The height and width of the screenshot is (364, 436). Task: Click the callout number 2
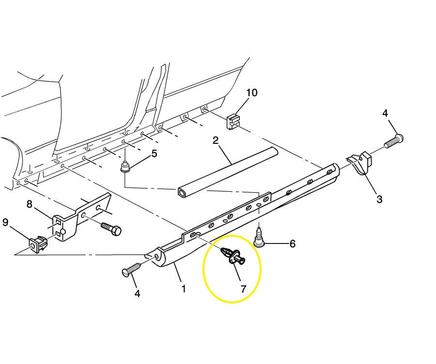click(216, 141)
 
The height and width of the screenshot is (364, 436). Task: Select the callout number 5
click(154, 154)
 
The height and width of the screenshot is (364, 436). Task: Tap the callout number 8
click(30, 204)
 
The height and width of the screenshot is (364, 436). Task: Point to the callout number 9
click(5, 222)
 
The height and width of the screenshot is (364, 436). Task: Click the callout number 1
click(183, 289)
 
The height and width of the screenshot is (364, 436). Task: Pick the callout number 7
click(243, 289)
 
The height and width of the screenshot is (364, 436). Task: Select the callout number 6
click(292, 243)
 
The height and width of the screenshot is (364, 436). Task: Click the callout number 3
click(379, 198)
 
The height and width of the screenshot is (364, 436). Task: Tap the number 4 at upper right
click(385, 113)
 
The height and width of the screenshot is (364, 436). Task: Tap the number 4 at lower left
click(137, 293)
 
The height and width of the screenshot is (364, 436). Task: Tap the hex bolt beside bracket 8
click(111, 228)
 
